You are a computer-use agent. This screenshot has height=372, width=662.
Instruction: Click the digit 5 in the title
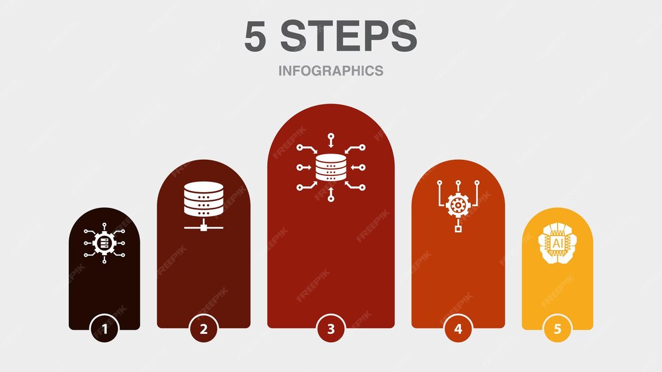255,37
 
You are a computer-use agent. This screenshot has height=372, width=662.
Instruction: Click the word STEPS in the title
348,37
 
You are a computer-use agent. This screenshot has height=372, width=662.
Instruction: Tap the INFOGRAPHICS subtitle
330,71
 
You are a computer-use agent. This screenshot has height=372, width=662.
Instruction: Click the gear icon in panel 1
104,242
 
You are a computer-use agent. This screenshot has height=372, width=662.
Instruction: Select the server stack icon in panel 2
204,199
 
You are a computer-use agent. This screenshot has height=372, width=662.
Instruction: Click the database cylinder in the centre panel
330,167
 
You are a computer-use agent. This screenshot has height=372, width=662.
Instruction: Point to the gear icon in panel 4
458,205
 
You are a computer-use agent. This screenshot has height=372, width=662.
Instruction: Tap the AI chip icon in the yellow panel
556,243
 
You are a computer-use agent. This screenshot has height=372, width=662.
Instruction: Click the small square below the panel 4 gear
458,230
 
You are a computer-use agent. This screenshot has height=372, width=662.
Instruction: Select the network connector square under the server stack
204,227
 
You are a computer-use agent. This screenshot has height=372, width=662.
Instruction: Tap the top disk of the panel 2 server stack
204,187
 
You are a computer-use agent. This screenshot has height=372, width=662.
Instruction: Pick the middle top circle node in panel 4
458,183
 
